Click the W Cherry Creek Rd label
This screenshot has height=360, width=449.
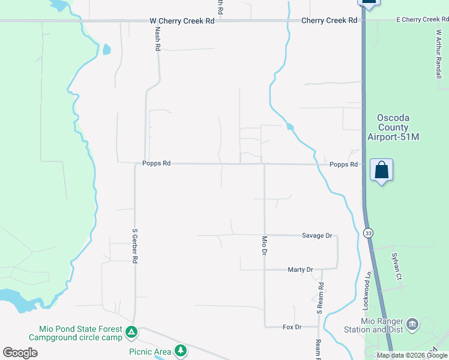pyautogui.click(x=182, y=21)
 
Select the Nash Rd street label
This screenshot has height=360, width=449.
pyautogui.click(x=158, y=39)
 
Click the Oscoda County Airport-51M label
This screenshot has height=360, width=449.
pyautogui.click(x=393, y=127)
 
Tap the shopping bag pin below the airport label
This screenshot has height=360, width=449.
pyautogui.click(x=381, y=170)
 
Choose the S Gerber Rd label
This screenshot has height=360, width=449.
pyautogui.click(x=135, y=246)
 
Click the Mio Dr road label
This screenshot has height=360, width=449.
pyautogui.click(x=264, y=245)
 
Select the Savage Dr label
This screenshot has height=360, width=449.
pyautogui.click(x=317, y=236)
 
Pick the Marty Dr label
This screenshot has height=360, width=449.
pyautogui.click(x=300, y=270)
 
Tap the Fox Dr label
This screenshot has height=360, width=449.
pyautogui.click(x=292, y=327)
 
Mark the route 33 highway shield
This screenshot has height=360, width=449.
pyautogui.click(x=368, y=232)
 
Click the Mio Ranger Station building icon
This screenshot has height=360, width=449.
pyautogui.click(x=412, y=325)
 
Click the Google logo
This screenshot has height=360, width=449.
pyautogui.click(x=20, y=353)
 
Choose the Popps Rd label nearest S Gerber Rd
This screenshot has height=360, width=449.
pyautogui.click(x=157, y=163)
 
